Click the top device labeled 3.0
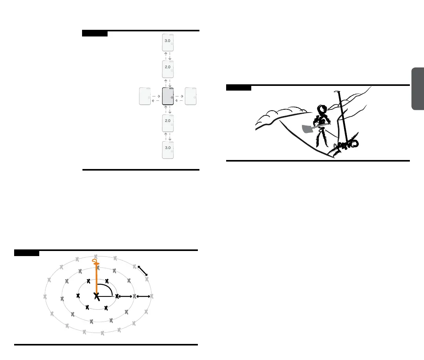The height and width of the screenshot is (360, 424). point(168,42)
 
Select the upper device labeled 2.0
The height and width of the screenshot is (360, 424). point(168,69)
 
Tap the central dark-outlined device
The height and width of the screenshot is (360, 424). point(168,96)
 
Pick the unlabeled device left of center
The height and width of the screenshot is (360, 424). point(145,96)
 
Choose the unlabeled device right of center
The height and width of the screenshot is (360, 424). point(190,96)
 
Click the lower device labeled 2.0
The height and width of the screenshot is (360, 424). point(168,123)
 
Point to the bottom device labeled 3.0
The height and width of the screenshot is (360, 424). point(168,150)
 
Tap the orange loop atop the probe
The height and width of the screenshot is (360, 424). point(95,262)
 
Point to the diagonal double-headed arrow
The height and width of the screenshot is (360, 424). point(143,271)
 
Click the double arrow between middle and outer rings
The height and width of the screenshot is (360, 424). point(143,296)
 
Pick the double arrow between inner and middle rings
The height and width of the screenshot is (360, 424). point(126,296)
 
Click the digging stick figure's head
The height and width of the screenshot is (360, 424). point(323,109)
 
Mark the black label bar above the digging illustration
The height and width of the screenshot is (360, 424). point(239,87)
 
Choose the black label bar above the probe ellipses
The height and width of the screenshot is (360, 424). point(27,253)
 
